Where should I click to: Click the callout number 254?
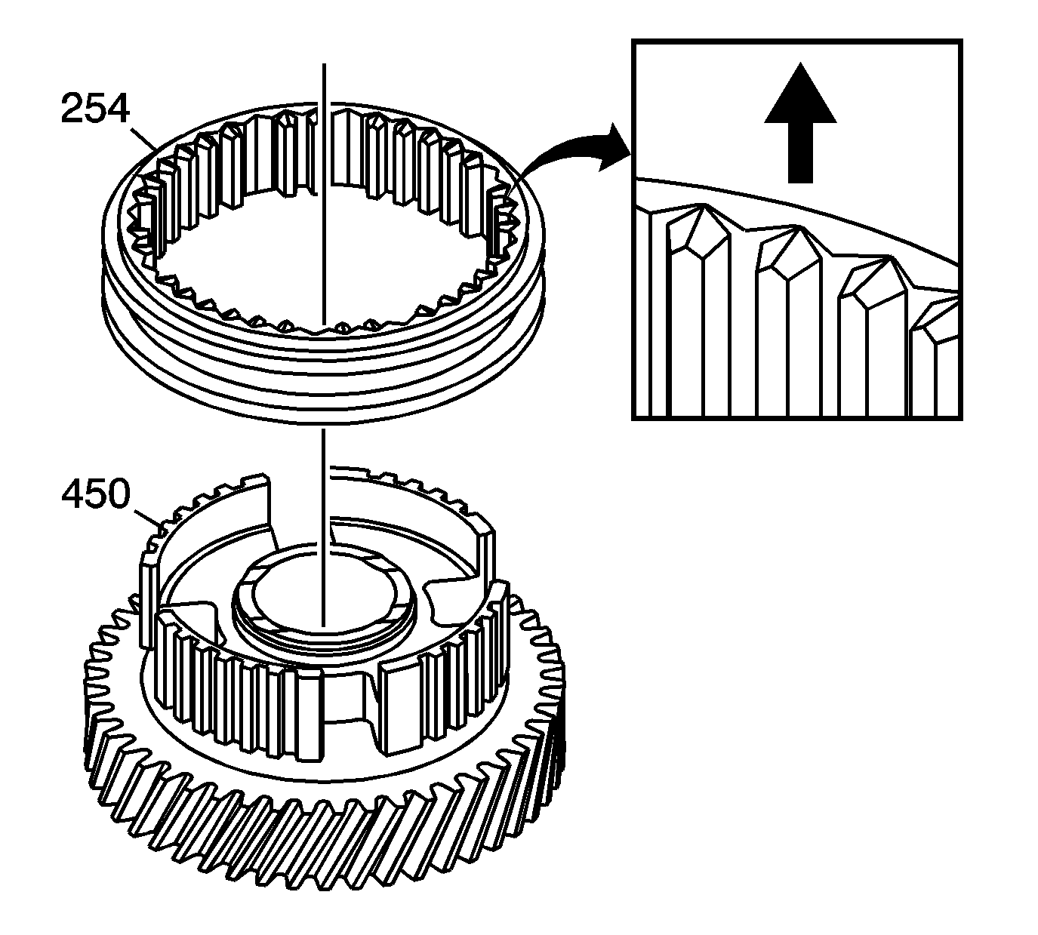pyautogui.click(x=94, y=109)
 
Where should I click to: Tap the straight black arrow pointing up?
pyautogui.click(x=800, y=123)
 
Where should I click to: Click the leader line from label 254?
pyautogui.click(x=143, y=138)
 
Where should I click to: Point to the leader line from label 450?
pyautogui.click(x=146, y=518)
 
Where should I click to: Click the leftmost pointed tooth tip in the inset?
pyautogui.click(x=702, y=206)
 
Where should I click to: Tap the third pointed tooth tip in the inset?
pyautogui.click(x=890, y=257)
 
